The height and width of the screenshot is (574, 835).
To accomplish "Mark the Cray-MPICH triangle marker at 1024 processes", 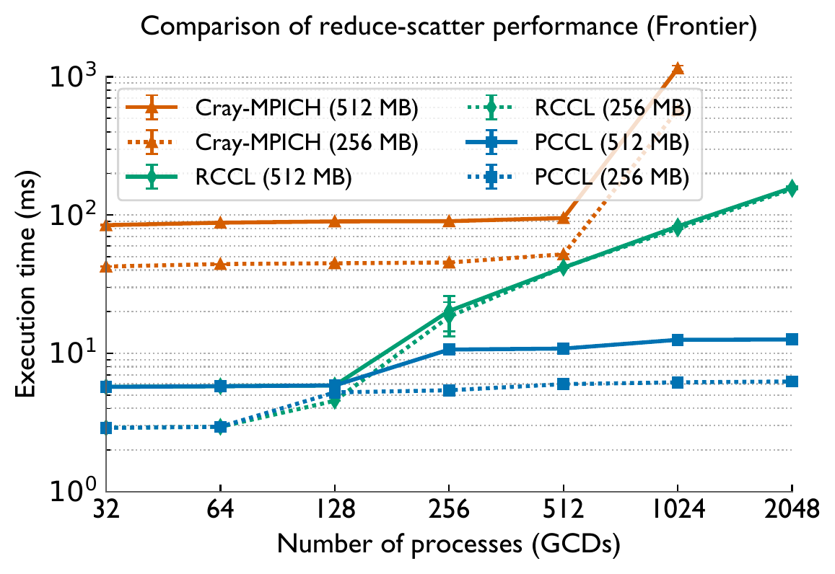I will pos(678,69).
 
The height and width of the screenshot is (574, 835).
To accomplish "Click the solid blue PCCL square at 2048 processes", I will pos(792,339).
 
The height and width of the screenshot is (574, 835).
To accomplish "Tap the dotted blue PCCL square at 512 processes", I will pos(563,384).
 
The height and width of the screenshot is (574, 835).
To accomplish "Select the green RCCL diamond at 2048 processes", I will pos(792,188).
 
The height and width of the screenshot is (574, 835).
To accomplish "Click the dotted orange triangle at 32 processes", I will pos(106,267).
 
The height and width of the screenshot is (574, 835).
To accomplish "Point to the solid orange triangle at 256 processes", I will pos(449,221).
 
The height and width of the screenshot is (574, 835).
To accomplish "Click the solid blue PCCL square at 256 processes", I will pos(449,349).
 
